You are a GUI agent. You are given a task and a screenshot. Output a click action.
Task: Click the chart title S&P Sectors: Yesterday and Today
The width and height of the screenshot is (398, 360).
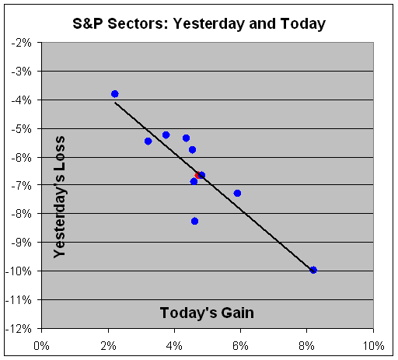point(199,24)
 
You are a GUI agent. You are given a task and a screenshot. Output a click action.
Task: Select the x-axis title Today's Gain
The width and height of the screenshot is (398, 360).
point(207,313)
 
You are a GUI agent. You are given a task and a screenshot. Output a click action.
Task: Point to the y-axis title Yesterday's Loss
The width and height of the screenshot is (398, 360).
point(60,197)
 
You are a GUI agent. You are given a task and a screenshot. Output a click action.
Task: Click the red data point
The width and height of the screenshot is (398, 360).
point(197,176)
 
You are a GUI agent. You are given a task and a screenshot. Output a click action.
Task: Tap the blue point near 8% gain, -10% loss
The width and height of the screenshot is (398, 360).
point(313,270)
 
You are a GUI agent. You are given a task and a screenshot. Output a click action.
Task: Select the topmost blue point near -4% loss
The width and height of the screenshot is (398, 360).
point(115,94)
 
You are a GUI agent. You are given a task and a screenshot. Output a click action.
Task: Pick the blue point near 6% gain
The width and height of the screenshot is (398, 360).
point(237,193)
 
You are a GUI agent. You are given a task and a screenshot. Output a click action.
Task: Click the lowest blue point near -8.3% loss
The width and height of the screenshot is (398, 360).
point(194,221)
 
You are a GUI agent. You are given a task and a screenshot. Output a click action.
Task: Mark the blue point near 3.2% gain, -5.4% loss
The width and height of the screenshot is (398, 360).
point(148,142)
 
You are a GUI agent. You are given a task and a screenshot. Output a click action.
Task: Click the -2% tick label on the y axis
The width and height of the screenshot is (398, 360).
point(21,43)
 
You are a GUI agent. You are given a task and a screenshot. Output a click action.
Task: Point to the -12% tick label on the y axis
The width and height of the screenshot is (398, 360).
point(18,329)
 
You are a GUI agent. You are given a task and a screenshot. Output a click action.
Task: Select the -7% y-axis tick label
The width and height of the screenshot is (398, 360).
point(21,186)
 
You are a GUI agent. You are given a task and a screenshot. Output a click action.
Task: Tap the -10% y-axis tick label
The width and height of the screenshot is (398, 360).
point(18,271)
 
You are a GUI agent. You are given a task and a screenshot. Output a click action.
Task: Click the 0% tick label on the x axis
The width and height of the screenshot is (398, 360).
point(41,346)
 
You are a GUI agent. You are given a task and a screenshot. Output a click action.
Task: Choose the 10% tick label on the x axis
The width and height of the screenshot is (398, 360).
point(373,346)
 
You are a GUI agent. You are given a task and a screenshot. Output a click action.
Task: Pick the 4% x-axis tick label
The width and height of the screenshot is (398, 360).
point(174,346)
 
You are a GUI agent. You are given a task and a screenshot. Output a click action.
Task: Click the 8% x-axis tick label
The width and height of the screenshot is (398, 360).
point(307,346)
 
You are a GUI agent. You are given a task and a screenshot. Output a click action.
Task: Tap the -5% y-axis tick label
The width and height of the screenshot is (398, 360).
point(21,128)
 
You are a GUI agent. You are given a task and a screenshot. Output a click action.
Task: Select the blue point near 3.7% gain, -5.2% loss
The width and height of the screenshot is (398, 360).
point(166,135)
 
